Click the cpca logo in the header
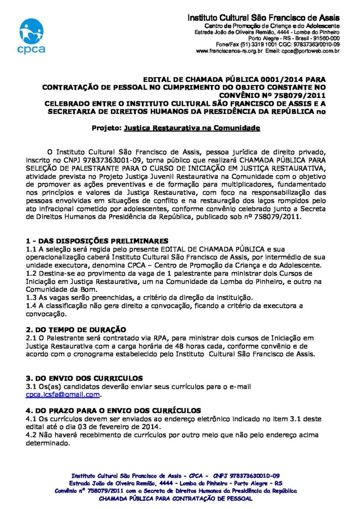click(x=32, y=36)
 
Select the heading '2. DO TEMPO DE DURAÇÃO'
click(x=76, y=330)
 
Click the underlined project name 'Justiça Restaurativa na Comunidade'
click(x=192, y=128)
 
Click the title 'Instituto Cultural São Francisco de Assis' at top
click(x=264, y=18)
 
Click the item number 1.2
click(x=31, y=273)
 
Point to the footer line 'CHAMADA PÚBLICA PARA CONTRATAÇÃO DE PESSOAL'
click(x=176, y=498)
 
